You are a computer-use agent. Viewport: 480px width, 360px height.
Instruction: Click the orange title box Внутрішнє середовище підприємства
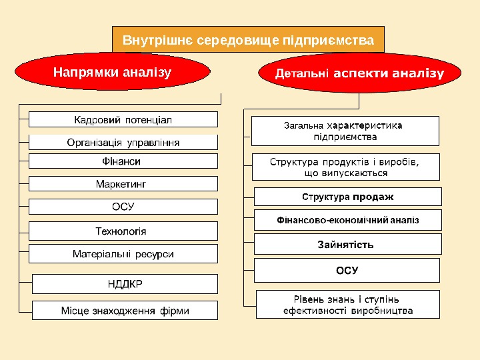[x=248, y=40]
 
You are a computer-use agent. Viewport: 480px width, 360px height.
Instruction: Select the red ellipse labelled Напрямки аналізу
[x=112, y=71]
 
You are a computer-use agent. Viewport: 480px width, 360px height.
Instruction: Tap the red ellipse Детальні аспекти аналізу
[x=360, y=73]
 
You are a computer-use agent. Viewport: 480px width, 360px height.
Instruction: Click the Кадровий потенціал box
[x=123, y=120]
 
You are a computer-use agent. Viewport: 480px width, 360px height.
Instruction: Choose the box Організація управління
[x=123, y=142]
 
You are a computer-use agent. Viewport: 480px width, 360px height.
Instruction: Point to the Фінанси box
[x=123, y=161]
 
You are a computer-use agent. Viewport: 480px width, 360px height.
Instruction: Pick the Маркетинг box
[x=123, y=183]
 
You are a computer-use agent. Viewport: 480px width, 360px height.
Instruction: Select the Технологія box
[x=123, y=231]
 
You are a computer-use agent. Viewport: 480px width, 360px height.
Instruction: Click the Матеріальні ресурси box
[x=123, y=254]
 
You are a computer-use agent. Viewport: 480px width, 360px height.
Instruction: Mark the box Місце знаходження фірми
[x=125, y=311]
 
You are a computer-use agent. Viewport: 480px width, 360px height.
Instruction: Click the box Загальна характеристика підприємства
[x=345, y=131]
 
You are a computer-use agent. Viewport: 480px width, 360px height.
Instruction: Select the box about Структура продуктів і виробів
[x=345, y=167]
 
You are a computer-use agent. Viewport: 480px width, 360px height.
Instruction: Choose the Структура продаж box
[x=348, y=197]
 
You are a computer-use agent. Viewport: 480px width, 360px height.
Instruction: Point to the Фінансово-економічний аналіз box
[x=348, y=219]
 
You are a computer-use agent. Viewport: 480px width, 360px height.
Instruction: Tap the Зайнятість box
[x=348, y=244]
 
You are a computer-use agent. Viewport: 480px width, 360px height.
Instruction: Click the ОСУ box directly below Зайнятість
[x=347, y=271]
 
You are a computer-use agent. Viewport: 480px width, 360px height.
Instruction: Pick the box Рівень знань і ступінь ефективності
[x=347, y=305]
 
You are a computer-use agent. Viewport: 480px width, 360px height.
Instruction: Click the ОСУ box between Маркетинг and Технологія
[x=123, y=207]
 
